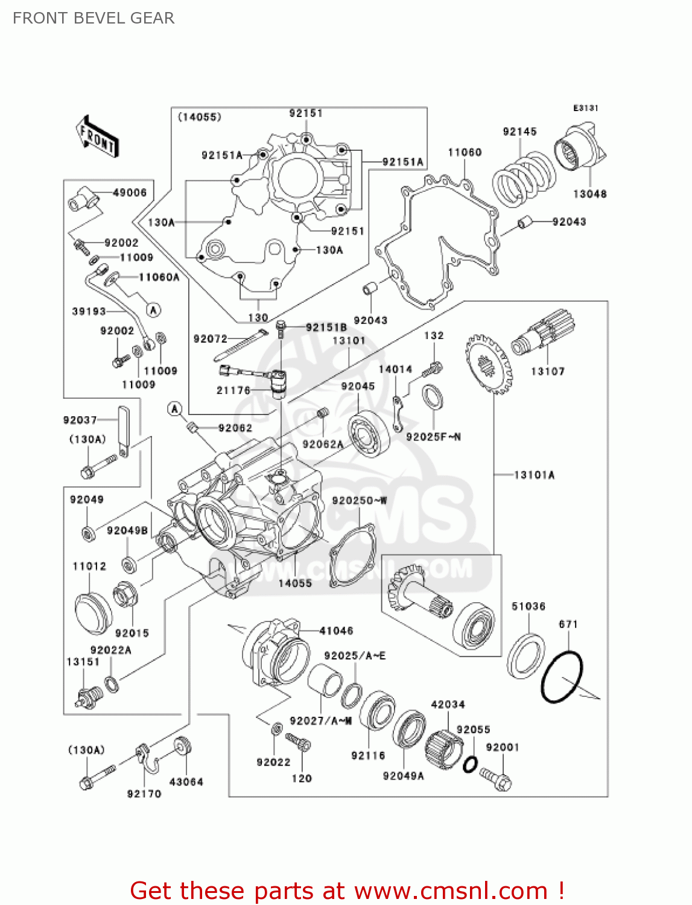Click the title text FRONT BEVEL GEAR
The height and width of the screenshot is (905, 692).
[94, 18]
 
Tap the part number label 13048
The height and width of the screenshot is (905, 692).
[589, 194]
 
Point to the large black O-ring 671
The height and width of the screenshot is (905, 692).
[562, 676]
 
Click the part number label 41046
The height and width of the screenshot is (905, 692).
[336, 630]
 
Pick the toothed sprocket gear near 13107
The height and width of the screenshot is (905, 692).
[488, 365]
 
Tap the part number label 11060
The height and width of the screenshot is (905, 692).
[465, 152]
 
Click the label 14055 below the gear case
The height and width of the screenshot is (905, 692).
[295, 583]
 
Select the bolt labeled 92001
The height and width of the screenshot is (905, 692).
[497, 779]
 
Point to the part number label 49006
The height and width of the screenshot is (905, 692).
[130, 192]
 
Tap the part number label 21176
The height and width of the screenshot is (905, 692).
[233, 390]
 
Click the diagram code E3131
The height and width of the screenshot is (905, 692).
[585, 108]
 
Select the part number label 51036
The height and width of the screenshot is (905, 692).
[529, 606]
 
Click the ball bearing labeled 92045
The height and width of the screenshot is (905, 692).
[369, 433]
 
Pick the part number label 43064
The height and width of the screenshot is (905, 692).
[186, 781]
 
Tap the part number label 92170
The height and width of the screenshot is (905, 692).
[144, 793]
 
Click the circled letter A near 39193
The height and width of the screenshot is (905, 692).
[154, 310]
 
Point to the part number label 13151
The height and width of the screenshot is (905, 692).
[83, 662]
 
